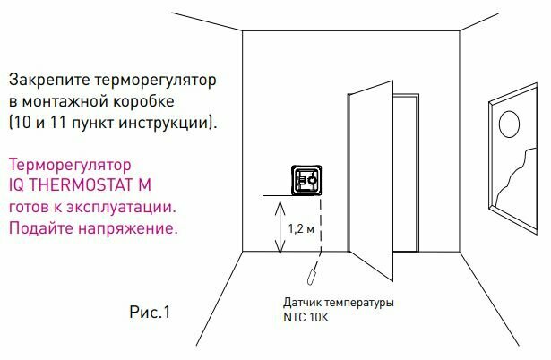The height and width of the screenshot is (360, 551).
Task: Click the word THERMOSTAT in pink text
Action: pos(86,187)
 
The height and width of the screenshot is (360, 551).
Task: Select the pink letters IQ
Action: pos(17,187)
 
